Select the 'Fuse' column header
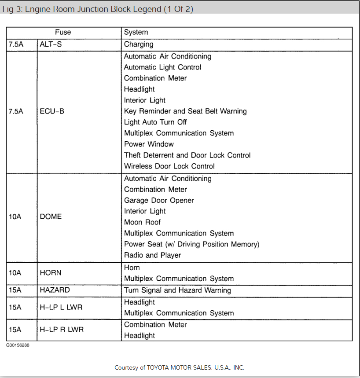(x=63, y=32)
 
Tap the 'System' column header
(x=136, y=32)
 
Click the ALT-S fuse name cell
(x=51, y=44)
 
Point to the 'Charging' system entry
(x=139, y=44)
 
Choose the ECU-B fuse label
(x=52, y=111)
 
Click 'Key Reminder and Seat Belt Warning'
(x=185, y=111)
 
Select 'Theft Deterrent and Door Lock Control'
(x=187, y=155)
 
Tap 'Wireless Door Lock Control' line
(x=169, y=166)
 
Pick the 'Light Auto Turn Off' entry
(x=155, y=122)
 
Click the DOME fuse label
(x=51, y=217)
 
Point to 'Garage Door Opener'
(x=159, y=200)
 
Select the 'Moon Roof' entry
(x=142, y=222)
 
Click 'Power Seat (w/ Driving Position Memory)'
(x=191, y=244)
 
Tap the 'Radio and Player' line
(x=152, y=255)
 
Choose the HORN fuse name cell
(x=51, y=273)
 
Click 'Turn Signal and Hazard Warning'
(x=177, y=290)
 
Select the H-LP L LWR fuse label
(x=61, y=307)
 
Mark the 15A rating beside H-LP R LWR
(x=15, y=330)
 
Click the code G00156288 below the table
(x=18, y=345)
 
